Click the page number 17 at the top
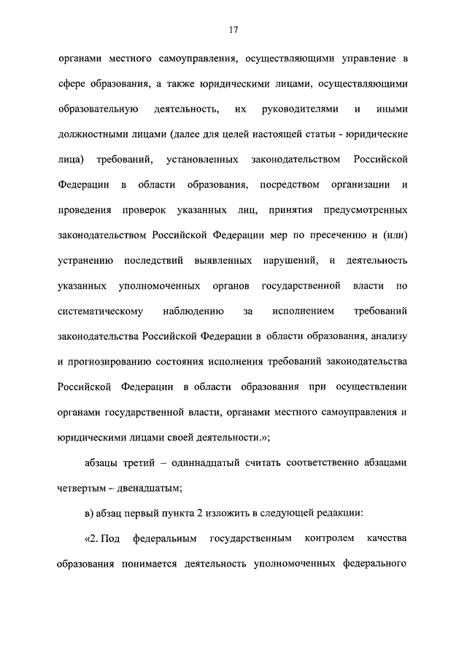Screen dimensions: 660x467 (233, 30)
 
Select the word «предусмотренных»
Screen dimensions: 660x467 (360, 210)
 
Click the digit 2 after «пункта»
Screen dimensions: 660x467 (198, 513)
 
